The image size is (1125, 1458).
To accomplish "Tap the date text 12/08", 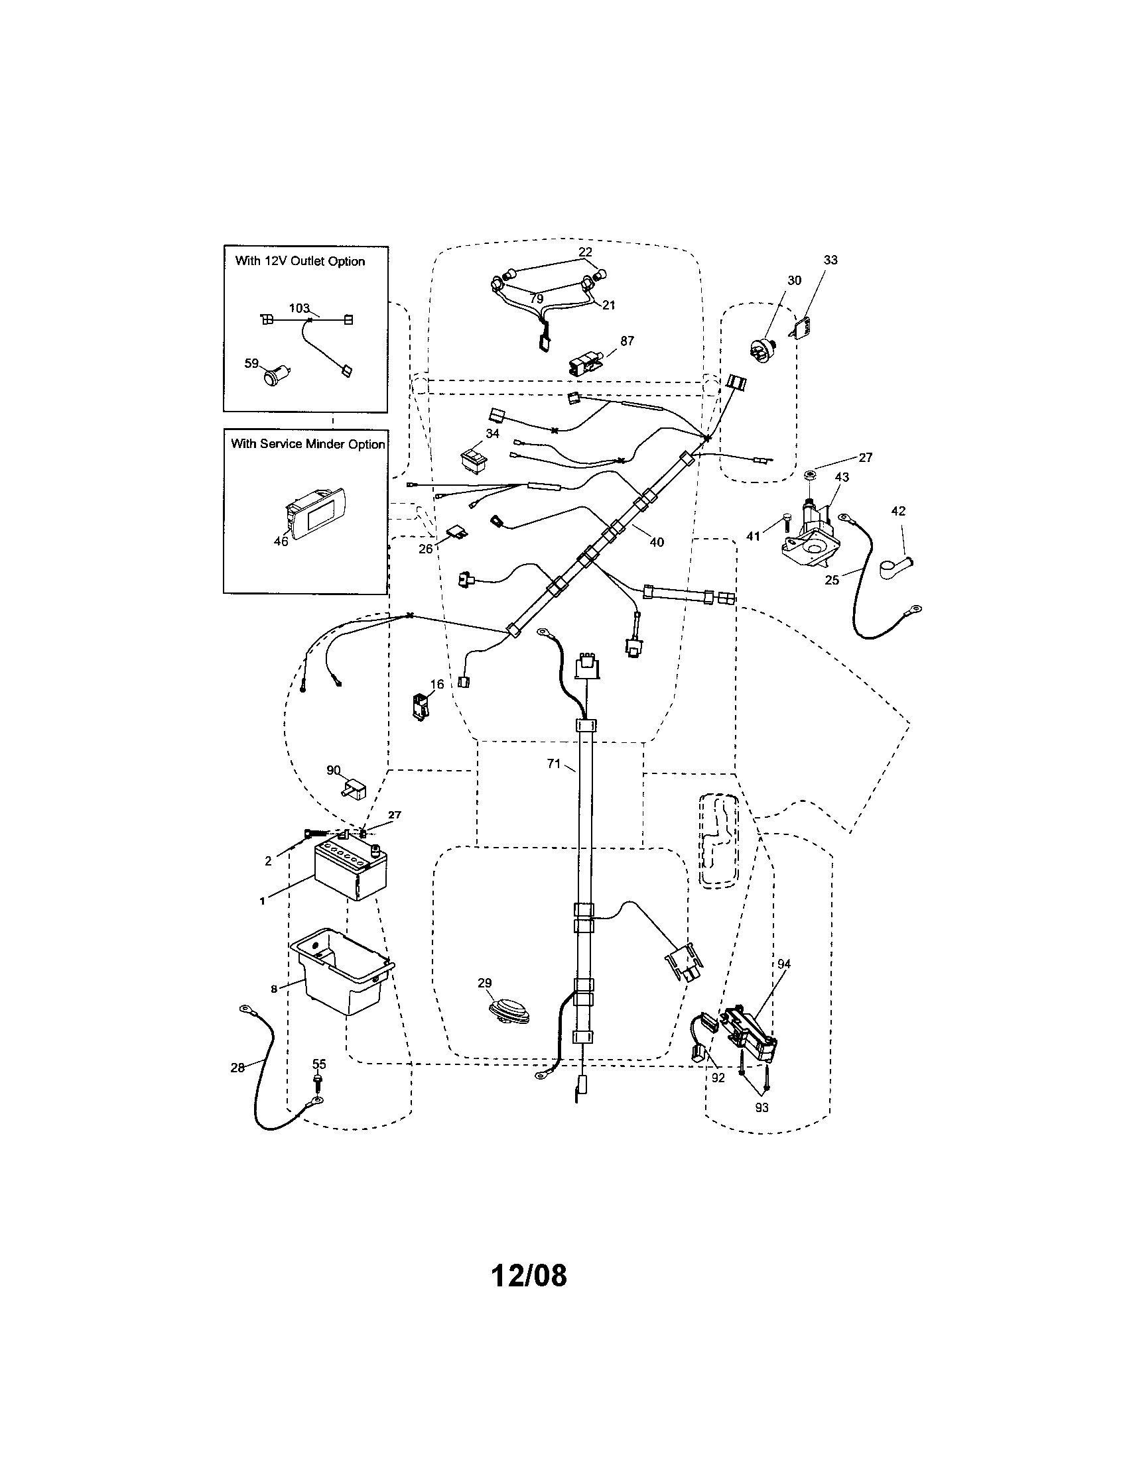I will point(529,1275).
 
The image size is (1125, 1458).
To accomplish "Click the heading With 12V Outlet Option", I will point(300,261).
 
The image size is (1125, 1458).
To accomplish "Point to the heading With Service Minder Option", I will point(307,444).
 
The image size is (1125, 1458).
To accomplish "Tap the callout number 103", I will point(298,308).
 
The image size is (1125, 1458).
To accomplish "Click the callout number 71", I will point(553,763).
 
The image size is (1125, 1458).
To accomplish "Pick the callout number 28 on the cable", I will point(237,1068).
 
